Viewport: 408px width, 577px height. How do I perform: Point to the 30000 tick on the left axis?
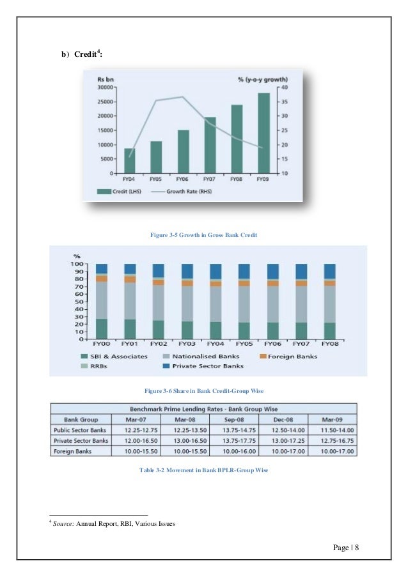pyautogui.click(x=106, y=86)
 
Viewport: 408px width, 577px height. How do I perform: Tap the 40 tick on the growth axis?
pyautogui.click(x=284, y=86)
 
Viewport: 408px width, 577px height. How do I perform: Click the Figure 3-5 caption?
pyautogui.click(x=204, y=236)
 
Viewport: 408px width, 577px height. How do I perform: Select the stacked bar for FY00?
pyautogui.click(x=102, y=295)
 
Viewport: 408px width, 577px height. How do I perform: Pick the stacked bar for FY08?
pyautogui.click(x=329, y=295)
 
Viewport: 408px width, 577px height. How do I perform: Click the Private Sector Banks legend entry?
pyautogui.click(x=201, y=367)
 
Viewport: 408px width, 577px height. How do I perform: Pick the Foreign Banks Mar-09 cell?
pyautogui.click(x=333, y=451)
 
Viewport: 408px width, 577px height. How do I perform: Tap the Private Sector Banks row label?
pyautogui.click(x=81, y=441)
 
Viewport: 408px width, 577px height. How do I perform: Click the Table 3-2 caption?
pyautogui.click(x=204, y=470)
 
